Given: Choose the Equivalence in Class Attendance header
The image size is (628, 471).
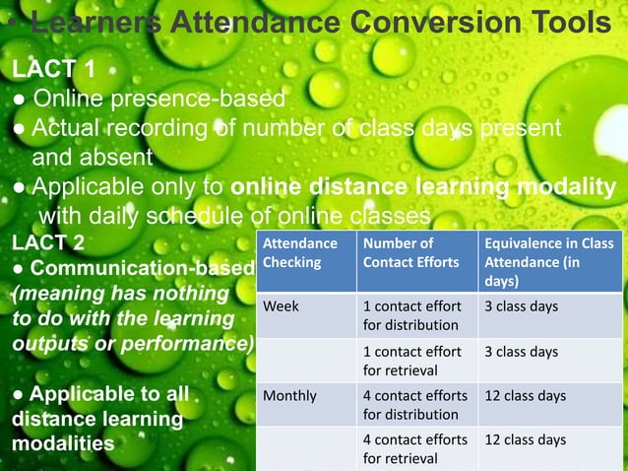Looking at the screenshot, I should (548, 262).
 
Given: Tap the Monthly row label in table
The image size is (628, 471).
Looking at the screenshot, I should (289, 396).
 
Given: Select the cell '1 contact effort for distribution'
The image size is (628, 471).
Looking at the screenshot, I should (411, 315).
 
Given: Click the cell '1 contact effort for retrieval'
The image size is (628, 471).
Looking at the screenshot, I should (411, 361).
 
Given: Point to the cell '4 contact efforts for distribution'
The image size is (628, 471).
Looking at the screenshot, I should (415, 405).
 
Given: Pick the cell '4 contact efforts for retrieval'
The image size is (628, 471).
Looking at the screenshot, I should (415, 448).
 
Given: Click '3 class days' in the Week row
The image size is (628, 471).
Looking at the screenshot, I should (521, 306).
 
